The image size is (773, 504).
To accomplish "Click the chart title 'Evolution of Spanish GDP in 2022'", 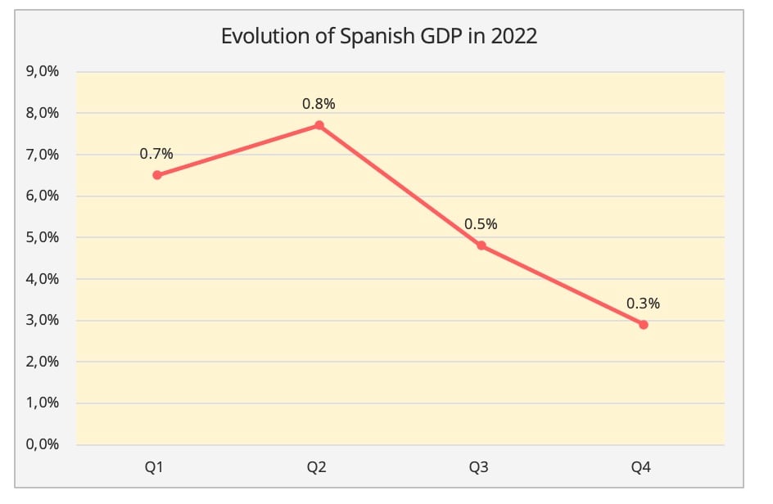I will (379, 38).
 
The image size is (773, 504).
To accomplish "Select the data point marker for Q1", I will (156, 175).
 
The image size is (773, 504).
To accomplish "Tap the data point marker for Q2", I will (319, 125).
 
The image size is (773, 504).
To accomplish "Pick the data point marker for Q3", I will (481, 245).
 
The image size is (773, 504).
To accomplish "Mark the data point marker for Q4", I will (643, 325).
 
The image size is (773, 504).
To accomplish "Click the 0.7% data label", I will (156, 154).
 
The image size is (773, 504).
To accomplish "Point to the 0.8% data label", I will (319, 104).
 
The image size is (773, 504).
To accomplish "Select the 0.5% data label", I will (481, 224).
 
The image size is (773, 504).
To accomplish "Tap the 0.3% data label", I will (643, 304).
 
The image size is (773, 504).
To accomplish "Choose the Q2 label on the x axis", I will (318, 468).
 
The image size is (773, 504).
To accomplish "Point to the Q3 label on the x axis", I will (480, 468).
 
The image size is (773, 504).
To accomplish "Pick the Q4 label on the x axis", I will (642, 468).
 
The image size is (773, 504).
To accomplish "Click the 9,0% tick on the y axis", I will (43, 72).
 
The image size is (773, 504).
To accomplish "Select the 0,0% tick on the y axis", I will (43, 445).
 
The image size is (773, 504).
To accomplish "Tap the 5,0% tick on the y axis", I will (43, 238).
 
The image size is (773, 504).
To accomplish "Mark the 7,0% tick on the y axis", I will (43, 155).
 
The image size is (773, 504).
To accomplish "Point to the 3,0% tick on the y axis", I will (43, 321).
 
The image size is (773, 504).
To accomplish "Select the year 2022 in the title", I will (513, 38).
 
